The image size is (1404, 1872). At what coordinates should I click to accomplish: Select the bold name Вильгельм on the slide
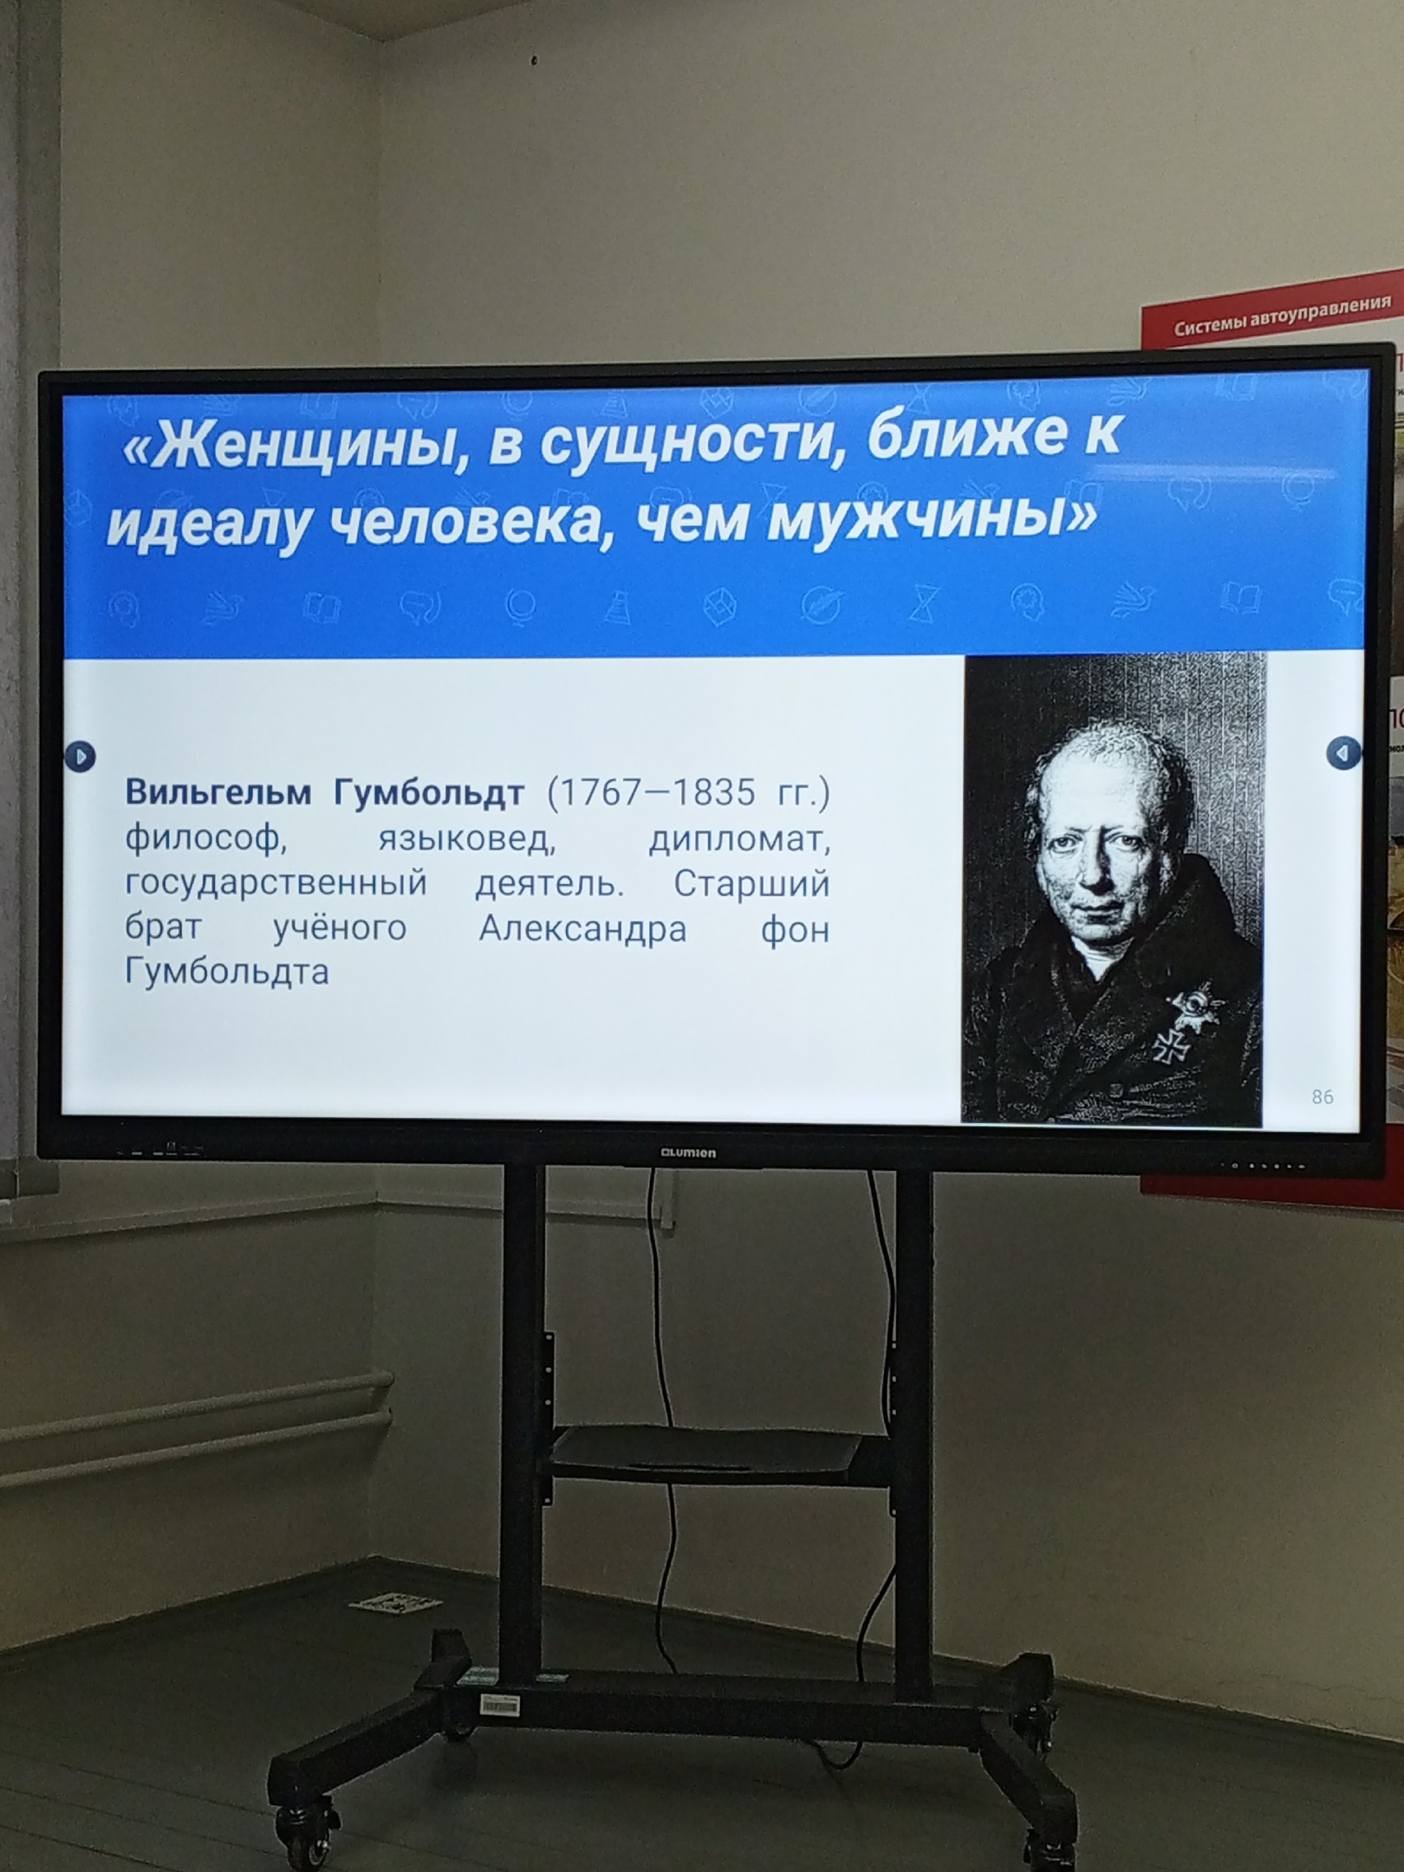point(218,792)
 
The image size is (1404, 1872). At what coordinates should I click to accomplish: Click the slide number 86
point(1323,1097)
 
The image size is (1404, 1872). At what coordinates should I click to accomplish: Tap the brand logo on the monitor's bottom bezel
point(688,1154)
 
